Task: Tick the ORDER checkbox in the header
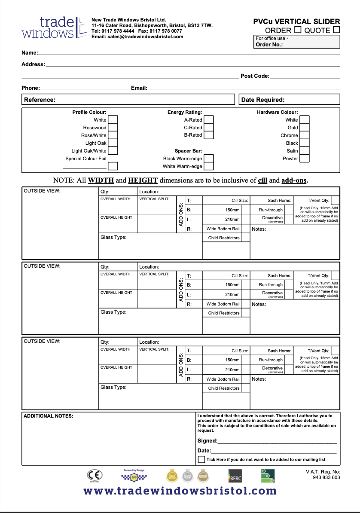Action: tap(297, 30)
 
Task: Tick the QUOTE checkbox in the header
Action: tap(336, 30)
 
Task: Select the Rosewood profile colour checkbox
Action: tap(113, 128)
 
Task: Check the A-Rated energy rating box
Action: tap(209, 120)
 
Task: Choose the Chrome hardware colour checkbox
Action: tap(305, 135)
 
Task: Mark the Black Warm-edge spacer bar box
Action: tap(209, 159)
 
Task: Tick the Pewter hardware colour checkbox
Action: tap(305, 159)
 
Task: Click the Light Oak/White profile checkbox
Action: tap(113, 151)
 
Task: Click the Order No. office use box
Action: tap(297, 42)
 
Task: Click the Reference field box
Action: tap(128, 100)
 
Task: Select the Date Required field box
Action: tap(289, 100)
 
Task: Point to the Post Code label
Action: tap(255, 76)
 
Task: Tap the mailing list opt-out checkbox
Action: tap(201, 459)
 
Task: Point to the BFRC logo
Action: tap(235, 476)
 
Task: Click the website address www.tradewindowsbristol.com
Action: tap(180, 491)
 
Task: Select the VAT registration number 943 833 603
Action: tap(326, 477)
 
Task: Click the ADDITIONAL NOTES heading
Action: tap(48, 416)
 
